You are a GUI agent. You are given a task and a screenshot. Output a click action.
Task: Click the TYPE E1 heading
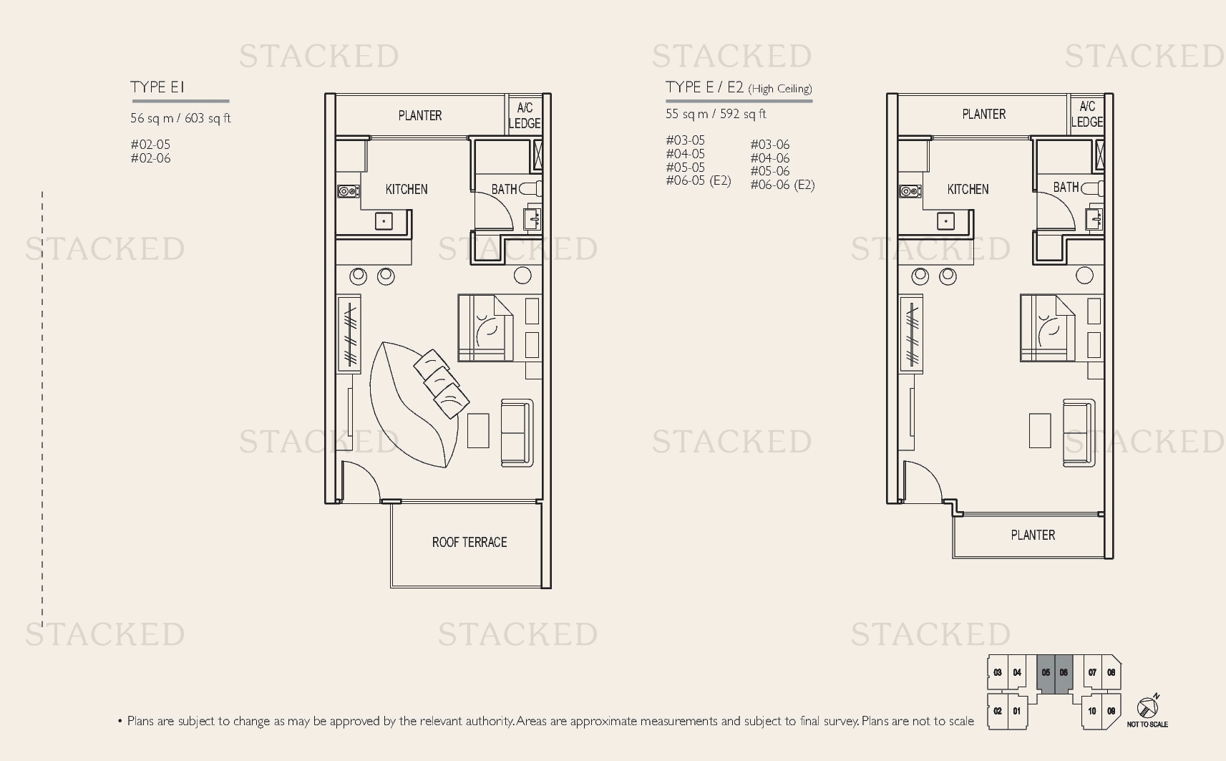[x=157, y=87]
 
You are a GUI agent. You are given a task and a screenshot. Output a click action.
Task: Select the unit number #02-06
[x=150, y=158]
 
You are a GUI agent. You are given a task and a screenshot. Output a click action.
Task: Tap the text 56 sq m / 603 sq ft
[x=180, y=118]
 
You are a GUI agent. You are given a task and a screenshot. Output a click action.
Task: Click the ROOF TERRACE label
[x=470, y=542]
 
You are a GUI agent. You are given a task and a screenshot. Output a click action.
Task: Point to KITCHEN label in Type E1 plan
[x=407, y=190]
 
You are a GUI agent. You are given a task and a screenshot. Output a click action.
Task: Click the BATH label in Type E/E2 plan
[x=1066, y=188]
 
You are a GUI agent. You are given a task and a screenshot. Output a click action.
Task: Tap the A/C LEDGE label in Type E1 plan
[x=525, y=115]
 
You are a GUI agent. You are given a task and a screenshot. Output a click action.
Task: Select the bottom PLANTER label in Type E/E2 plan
[x=1033, y=535]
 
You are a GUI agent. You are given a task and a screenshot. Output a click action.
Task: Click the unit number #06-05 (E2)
[x=699, y=180]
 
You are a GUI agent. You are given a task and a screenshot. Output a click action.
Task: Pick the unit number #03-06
[x=770, y=145]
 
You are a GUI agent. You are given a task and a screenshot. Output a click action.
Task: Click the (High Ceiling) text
[x=780, y=89]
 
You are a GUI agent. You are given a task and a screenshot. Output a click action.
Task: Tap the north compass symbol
[x=1147, y=707]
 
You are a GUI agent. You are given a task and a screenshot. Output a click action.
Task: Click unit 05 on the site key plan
[x=1046, y=673]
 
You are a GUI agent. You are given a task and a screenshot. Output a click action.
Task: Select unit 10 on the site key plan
[x=1092, y=711]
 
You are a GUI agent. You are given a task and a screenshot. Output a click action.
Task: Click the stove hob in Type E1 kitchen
[x=349, y=191]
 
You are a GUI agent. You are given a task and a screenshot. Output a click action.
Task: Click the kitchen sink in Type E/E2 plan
[x=945, y=221]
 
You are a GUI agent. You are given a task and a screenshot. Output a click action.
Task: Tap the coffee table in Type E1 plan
[x=478, y=430]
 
